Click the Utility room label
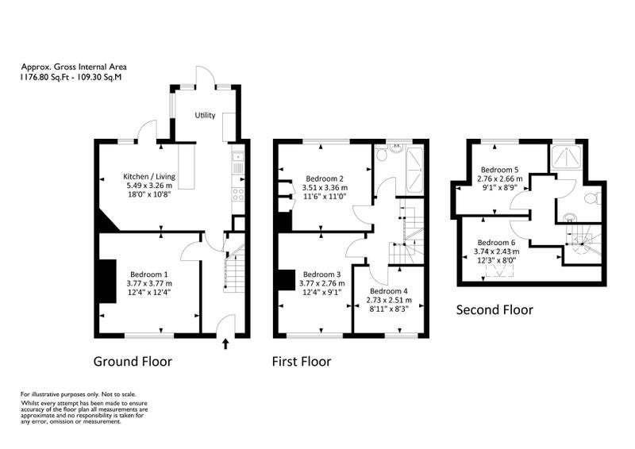205,115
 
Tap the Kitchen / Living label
149,177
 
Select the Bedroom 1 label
149,274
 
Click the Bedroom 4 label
389,291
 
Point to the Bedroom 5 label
499,170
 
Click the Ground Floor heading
133,361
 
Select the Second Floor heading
495,309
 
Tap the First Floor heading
302,361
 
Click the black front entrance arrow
225,344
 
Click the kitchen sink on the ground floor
237,162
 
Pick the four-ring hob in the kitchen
237,194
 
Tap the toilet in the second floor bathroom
593,198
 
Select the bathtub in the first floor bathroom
414,171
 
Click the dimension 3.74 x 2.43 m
497,251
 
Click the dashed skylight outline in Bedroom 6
500,271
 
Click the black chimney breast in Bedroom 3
287,280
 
